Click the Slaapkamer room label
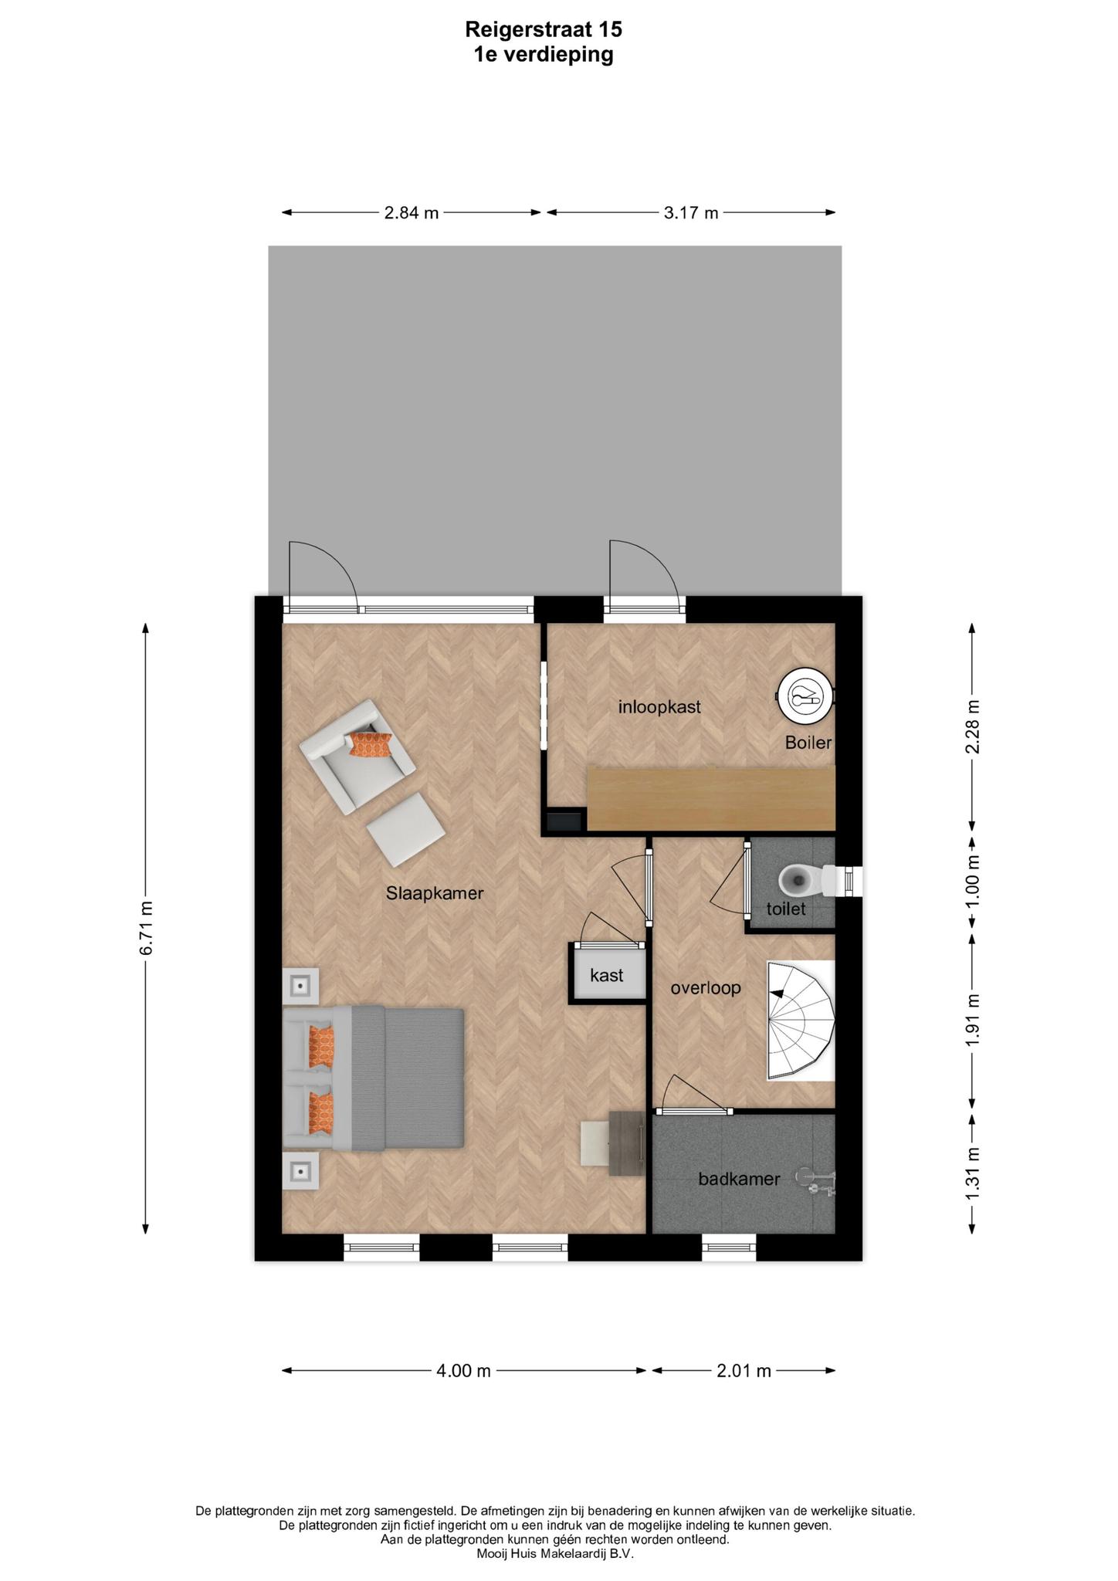click(435, 893)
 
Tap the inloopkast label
click(659, 706)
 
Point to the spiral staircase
click(800, 1020)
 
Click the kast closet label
click(607, 975)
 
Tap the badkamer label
click(739, 1179)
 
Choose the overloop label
click(706, 987)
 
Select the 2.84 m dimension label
click(412, 213)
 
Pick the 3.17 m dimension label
click(691, 213)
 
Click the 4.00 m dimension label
click(463, 1371)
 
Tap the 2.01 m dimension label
click(744, 1371)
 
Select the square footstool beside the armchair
click(405, 829)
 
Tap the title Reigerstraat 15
click(544, 29)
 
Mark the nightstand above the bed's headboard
click(300, 986)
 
